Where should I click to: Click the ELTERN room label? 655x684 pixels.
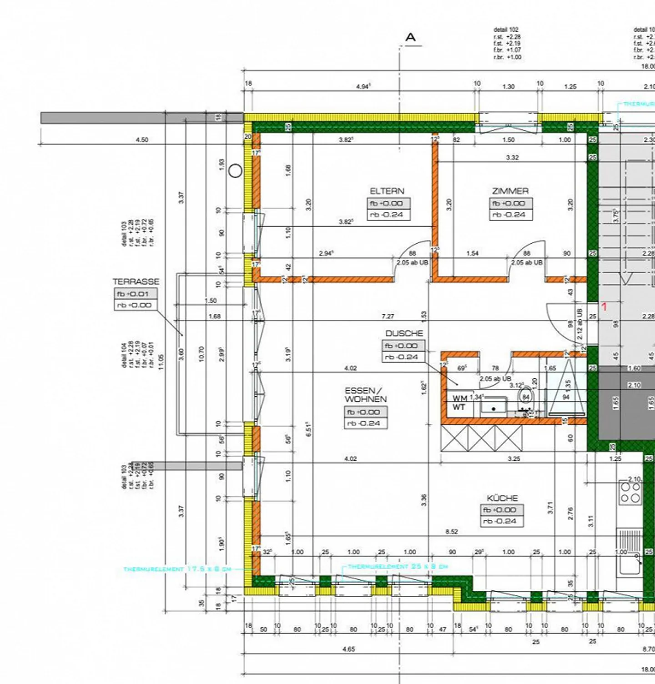[x=387, y=191]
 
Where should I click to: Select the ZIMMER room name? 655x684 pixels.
[x=510, y=191]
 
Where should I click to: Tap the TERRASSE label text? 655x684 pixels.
[x=136, y=282]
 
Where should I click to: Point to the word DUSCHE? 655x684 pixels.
[x=404, y=333]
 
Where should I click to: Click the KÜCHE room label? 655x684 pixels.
[x=502, y=498]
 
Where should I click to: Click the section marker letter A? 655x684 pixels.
[x=410, y=37]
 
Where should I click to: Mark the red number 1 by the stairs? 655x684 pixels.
[x=604, y=307]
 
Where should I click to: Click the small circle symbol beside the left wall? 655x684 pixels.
[x=235, y=171]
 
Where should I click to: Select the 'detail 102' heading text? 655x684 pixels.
[x=506, y=30]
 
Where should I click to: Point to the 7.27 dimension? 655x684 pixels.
[x=388, y=316]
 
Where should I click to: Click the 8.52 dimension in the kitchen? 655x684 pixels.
[x=452, y=531]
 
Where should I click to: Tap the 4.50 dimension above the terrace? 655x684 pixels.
[x=142, y=140]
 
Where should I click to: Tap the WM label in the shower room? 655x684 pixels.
[x=459, y=398]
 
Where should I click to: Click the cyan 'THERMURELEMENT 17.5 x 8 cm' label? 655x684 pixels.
[x=177, y=569]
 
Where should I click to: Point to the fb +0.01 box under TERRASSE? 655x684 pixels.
[x=135, y=294]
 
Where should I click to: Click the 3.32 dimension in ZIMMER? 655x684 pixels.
[x=512, y=157]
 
